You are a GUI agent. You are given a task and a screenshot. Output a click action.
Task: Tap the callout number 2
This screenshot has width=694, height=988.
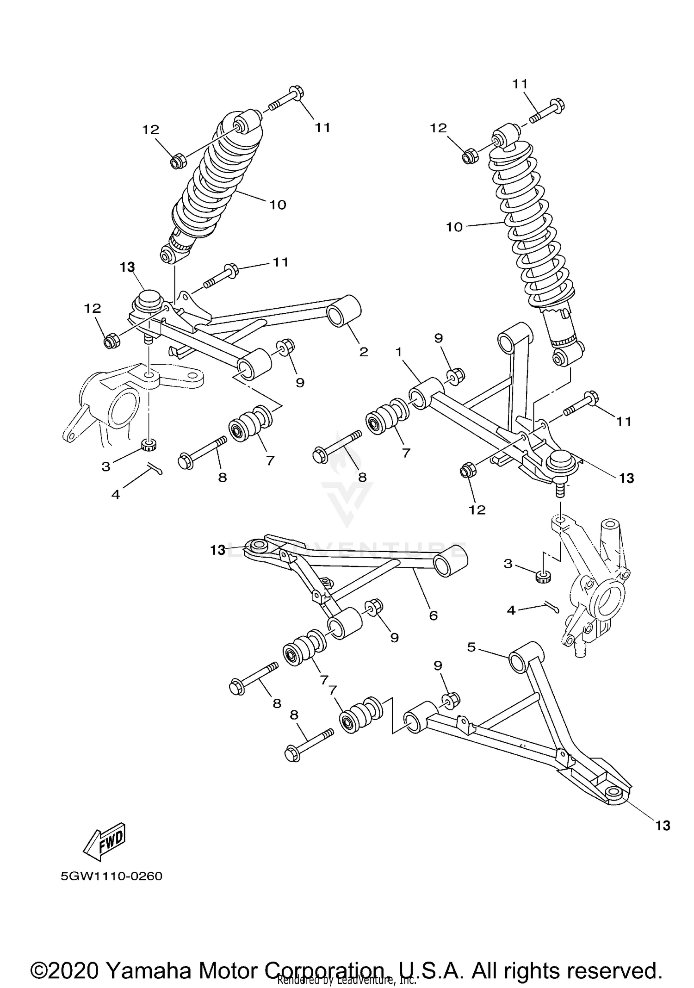pos(364,352)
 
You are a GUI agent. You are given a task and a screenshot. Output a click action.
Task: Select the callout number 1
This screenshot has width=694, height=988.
pos(399,353)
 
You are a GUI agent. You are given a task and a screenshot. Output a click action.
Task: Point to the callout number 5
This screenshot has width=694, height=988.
pos(471,647)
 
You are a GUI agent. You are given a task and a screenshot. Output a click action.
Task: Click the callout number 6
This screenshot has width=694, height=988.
pos(433,615)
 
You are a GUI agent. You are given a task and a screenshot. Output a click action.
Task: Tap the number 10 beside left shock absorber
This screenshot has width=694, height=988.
pos(278,205)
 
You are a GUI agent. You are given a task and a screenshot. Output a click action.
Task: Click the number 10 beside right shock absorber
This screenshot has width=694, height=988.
pos(454,227)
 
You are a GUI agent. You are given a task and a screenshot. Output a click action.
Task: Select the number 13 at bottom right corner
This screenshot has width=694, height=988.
pos(663,826)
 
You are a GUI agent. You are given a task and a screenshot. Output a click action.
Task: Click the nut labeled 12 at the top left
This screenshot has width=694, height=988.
pos(178,162)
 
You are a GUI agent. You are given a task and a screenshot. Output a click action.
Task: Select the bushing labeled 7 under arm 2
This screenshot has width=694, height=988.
pos(250,423)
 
